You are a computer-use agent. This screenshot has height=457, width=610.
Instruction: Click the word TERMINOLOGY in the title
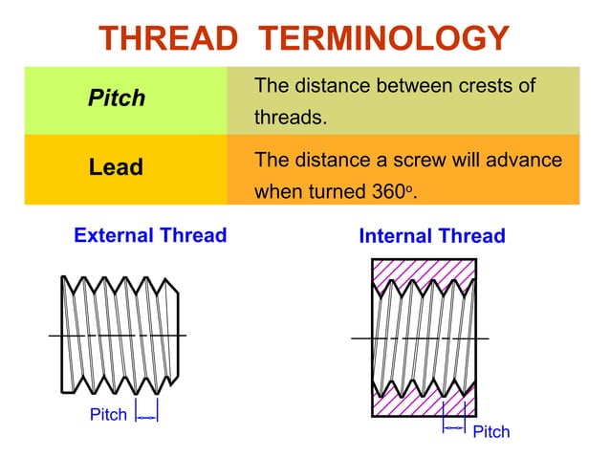pyautogui.click(x=384, y=38)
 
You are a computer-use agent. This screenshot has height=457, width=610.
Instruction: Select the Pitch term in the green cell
pyautogui.click(x=117, y=98)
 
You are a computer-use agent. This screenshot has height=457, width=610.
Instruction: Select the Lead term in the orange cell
pyautogui.click(x=116, y=167)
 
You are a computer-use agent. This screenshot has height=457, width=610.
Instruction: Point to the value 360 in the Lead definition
pyautogui.click(x=388, y=190)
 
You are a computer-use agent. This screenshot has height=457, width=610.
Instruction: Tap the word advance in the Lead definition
pyautogui.click(x=526, y=159)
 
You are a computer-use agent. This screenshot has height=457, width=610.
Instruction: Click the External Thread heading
pyautogui.click(x=150, y=235)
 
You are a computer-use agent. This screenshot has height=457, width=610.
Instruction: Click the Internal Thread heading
pyautogui.click(x=431, y=236)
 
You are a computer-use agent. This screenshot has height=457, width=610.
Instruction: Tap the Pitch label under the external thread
pyautogui.click(x=108, y=415)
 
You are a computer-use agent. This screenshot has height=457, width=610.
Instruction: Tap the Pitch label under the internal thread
pyautogui.click(x=491, y=432)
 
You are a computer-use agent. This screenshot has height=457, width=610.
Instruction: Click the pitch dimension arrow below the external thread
pyautogui.click(x=146, y=416)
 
